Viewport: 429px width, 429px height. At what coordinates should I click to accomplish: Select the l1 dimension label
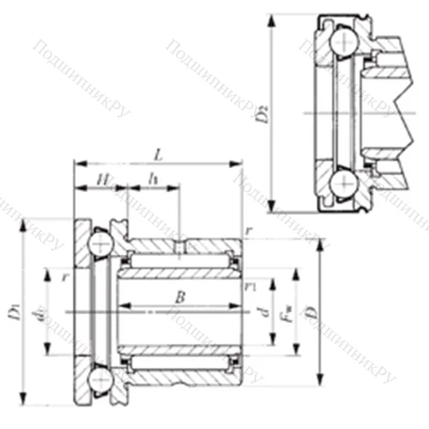click(x=154, y=178)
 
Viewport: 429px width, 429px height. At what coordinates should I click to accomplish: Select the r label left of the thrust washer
click(x=65, y=276)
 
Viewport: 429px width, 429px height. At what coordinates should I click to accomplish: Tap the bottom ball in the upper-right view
click(x=343, y=182)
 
